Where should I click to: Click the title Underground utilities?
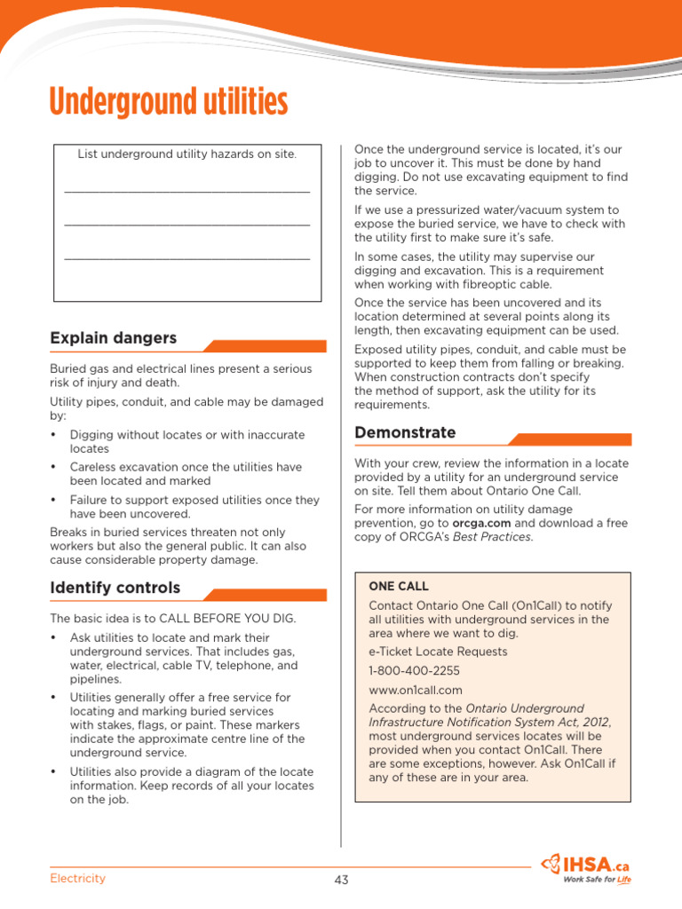pyautogui.click(x=169, y=102)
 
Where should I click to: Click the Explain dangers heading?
pyautogui.click(x=113, y=338)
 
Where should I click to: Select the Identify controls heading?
pyautogui.click(x=115, y=588)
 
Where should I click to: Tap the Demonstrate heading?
pyautogui.click(x=405, y=432)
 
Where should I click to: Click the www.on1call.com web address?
pyautogui.click(x=416, y=690)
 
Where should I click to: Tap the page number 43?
pyautogui.click(x=342, y=880)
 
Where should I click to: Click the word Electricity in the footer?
pyautogui.click(x=77, y=878)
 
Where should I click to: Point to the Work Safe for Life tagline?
pyautogui.click(x=597, y=880)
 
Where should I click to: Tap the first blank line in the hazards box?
pyautogui.click(x=186, y=191)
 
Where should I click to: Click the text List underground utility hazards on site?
pyautogui.click(x=186, y=154)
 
